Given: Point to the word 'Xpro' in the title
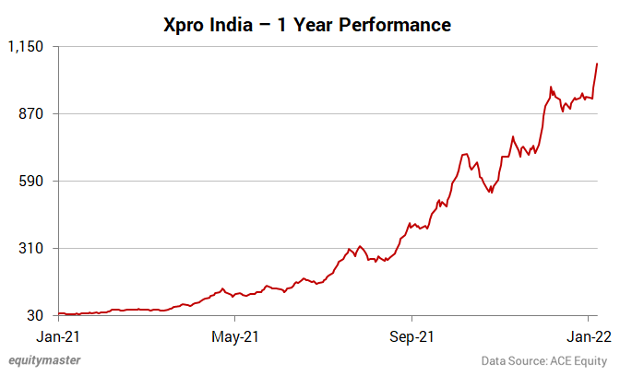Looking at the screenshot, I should [188, 25].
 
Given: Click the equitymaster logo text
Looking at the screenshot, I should [43, 360].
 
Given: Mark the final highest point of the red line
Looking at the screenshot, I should [598, 64].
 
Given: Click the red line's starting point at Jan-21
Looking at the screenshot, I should [59, 313].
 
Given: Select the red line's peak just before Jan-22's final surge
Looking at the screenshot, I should [551, 88].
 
